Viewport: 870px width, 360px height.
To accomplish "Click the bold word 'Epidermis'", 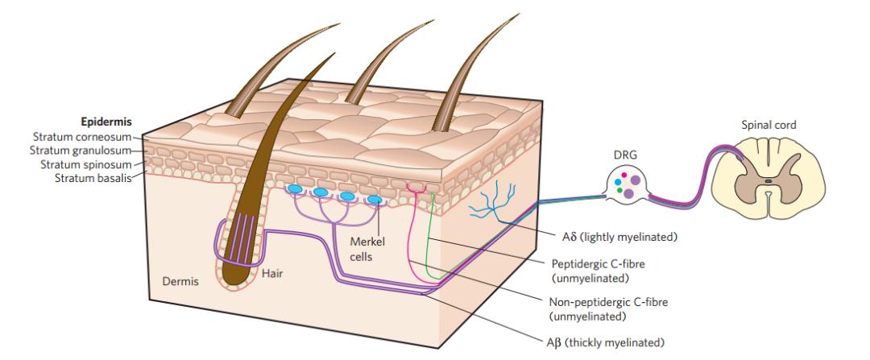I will coord(106,123).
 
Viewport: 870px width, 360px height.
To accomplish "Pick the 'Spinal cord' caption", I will coord(769,126).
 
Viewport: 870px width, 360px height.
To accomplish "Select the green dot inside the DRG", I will coord(619,191).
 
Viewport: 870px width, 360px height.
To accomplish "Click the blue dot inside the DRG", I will coord(616,183).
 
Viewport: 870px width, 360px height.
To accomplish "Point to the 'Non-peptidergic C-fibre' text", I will coord(605,302).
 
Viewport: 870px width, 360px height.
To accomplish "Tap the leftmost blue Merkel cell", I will coord(296,190).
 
